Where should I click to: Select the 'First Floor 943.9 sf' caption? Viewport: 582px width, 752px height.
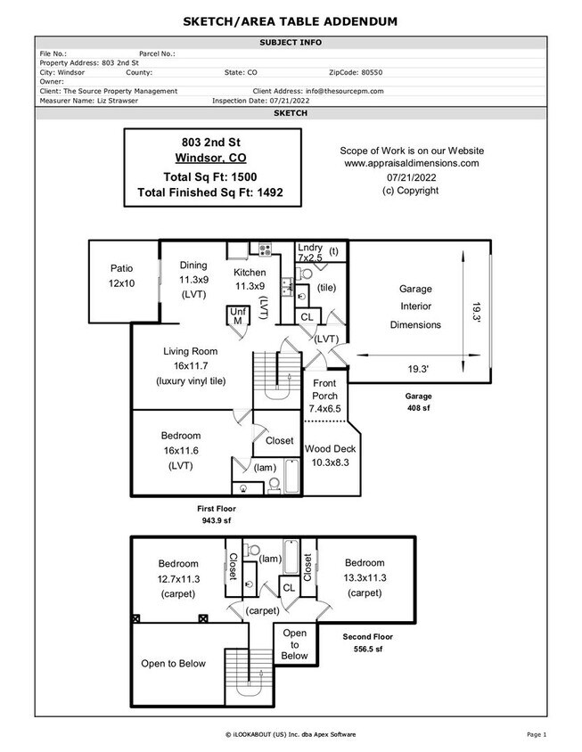(217, 514)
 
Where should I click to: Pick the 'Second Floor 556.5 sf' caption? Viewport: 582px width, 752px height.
(367, 643)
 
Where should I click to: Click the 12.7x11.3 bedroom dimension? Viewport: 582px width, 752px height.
(178, 578)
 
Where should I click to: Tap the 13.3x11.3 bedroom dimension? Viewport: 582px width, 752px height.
(365, 578)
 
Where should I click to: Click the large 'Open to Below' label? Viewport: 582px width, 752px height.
(173, 663)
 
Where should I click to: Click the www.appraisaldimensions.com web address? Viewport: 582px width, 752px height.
(411, 163)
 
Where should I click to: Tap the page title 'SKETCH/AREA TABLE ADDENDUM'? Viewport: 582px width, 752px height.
(291, 20)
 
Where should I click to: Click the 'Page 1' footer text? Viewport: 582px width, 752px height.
(536, 733)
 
